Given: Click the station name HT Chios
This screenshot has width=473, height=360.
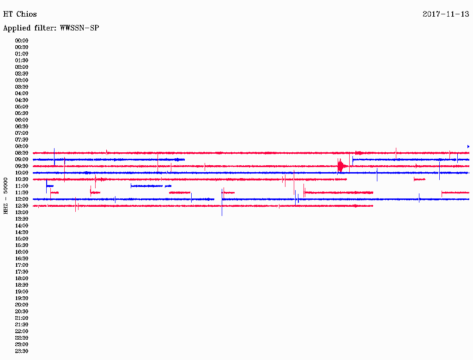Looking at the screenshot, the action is [20, 14].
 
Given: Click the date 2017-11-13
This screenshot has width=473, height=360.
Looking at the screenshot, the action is [446, 14].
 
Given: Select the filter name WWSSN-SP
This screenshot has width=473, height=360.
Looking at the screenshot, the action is [79, 28].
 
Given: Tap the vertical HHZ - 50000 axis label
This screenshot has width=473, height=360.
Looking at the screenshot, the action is [6, 196].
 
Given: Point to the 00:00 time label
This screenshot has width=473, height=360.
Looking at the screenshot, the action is [22, 41].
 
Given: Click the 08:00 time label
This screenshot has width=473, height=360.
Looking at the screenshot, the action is [22, 146].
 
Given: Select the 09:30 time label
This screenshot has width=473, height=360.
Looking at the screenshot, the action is [22, 166].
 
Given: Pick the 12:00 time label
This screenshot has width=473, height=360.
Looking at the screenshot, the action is [22, 199].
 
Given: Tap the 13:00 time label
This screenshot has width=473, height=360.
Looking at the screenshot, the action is [22, 212].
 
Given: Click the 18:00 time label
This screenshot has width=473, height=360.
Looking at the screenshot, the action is [22, 278].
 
